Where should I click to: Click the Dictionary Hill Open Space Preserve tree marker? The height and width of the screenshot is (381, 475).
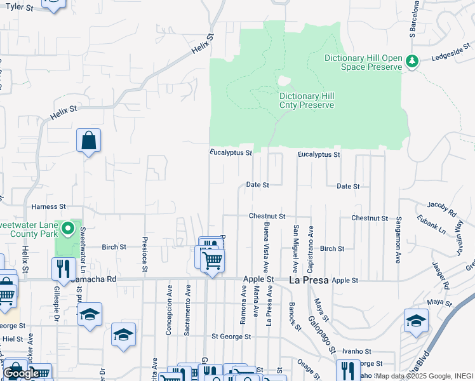tap(413, 61)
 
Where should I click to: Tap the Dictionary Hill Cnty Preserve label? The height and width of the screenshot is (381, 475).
tap(307, 100)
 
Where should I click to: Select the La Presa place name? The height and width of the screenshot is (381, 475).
tap(308, 279)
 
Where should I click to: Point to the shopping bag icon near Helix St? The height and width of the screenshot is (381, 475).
tap(89, 140)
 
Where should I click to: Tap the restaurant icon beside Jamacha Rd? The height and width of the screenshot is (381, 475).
tap(64, 269)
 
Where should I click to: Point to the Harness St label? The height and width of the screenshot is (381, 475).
tap(49, 207)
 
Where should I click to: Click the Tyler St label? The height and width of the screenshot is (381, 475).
tap(19, 7)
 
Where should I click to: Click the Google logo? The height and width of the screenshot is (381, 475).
tap(22, 373)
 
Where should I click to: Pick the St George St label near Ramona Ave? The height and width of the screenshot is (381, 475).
tap(232, 337)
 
